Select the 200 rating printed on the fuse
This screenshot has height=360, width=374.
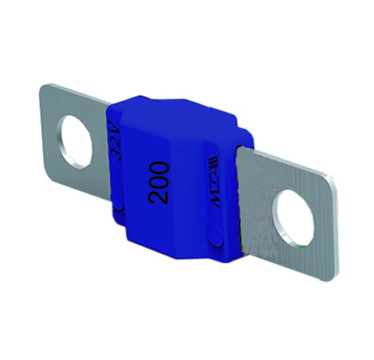click(x=159, y=182)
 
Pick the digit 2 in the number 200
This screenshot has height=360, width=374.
click(x=159, y=197)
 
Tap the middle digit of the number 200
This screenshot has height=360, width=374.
click(x=159, y=182)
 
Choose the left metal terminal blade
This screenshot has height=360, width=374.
click(x=62, y=152)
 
